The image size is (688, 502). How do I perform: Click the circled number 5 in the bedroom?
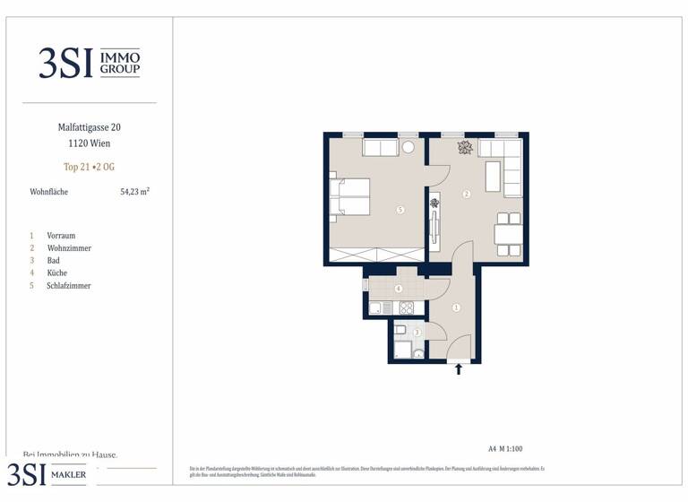point(400,210)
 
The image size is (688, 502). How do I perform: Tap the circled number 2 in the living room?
point(467,194)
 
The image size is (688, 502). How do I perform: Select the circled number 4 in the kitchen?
point(398,289)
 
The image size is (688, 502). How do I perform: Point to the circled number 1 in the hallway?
point(457,307)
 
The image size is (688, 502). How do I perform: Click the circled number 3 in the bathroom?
point(417,333)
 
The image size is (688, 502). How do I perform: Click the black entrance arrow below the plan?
point(460,368)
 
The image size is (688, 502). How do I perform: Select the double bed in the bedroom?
point(350,197)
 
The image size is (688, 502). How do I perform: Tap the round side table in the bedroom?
point(408,147)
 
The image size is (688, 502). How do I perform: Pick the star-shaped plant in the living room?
point(464,148)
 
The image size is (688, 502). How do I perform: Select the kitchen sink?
point(376,308)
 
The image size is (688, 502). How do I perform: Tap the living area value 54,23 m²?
point(134,191)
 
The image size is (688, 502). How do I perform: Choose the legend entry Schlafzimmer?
point(69,285)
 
